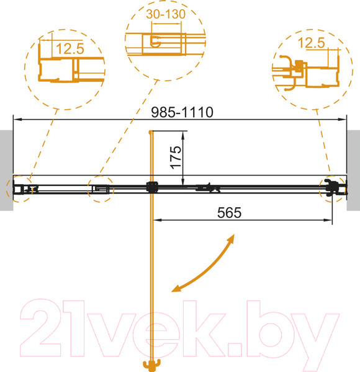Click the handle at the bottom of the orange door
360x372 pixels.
pyautogui.click(x=151, y=366)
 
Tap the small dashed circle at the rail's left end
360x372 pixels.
pyautogui.click(x=19, y=188)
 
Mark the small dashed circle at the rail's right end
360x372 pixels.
pyautogui.click(x=332, y=187)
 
